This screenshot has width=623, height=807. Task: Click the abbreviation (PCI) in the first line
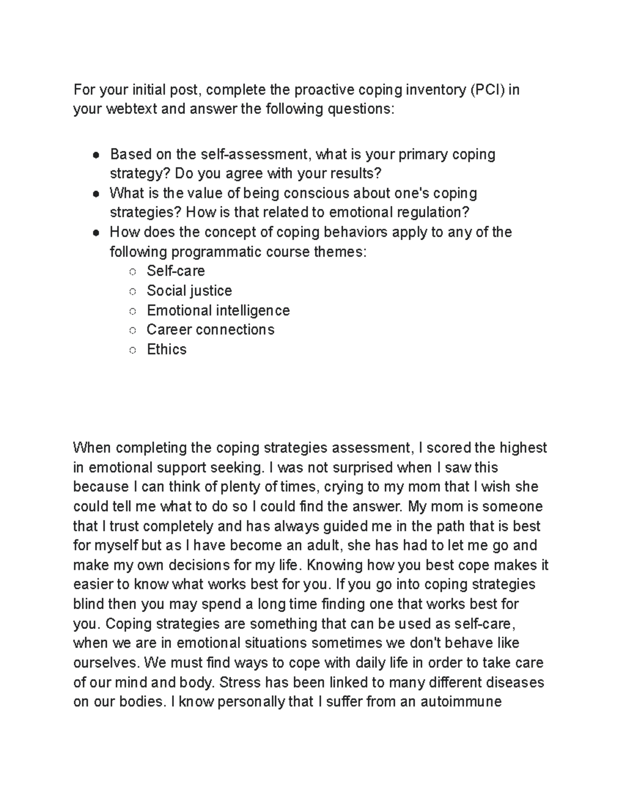487,90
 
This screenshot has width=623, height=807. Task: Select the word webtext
131,110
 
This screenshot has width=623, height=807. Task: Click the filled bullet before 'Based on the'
96,155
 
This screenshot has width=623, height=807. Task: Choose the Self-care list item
175,271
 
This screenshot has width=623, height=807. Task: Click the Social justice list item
189,290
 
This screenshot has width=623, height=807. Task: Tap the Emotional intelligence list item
218,310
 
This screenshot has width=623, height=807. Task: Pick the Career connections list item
210,329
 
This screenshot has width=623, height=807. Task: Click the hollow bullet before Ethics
133,351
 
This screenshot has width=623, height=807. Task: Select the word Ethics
166,349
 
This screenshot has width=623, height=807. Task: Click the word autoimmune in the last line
461,702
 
